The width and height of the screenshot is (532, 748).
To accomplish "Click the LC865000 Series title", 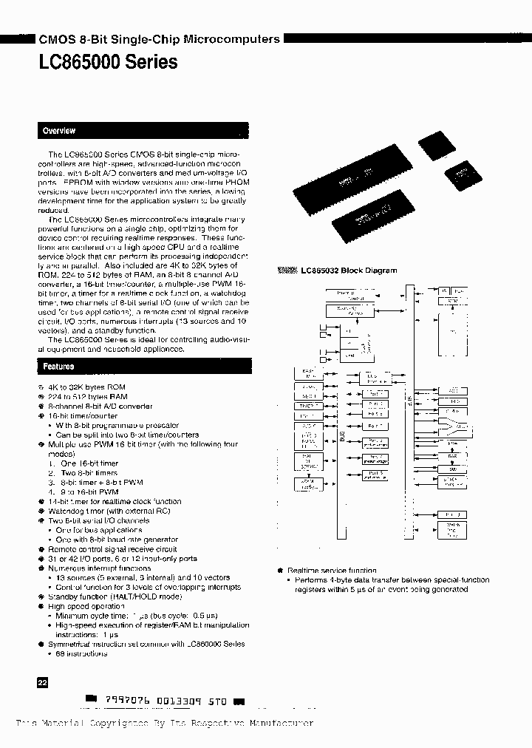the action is click(x=108, y=62).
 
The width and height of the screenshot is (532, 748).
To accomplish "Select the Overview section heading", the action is click(x=59, y=131).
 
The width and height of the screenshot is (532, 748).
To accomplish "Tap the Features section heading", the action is click(x=58, y=367).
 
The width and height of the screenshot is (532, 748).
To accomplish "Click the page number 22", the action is click(x=42, y=684).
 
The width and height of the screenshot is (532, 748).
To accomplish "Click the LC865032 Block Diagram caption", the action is click(x=348, y=271).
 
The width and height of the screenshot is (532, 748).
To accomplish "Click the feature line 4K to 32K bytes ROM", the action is click(x=86, y=387).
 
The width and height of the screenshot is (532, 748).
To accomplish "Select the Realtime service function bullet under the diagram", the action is click(x=332, y=571).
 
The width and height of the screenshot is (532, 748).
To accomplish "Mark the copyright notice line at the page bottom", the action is click(x=165, y=724).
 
